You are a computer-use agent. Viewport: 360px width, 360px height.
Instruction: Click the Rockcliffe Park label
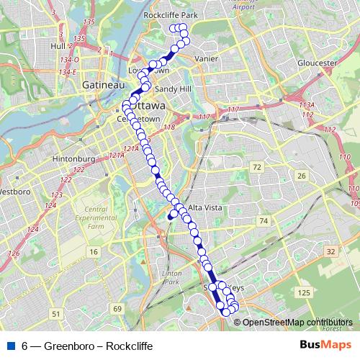(x=171, y=14)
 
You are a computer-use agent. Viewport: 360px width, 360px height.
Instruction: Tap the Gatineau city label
(x=99, y=84)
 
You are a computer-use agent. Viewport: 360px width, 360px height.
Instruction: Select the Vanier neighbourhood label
(x=206, y=59)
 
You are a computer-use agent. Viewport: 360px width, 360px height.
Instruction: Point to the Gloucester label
(x=317, y=63)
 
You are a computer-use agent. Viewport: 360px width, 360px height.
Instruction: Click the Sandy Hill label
(x=174, y=89)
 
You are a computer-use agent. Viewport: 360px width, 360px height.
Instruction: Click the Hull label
(x=58, y=45)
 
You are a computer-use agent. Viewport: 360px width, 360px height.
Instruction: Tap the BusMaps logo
(x=326, y=346)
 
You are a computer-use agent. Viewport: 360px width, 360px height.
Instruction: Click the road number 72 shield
(x=257, y=167)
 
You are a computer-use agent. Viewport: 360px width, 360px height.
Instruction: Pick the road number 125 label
(x=304, y=292)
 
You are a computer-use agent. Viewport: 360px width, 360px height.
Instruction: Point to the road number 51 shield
(x=56, y=314)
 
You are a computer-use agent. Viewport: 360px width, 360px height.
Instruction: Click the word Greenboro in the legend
(x=68, y=346)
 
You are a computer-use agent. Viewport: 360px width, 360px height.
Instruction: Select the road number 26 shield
(x=302, y=176)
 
